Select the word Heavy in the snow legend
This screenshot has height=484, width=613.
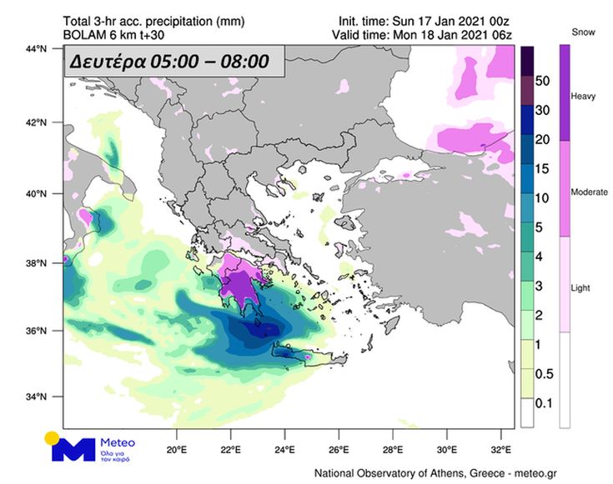(x=582, y=97)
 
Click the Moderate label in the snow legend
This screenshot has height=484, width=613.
(x=589, y=192)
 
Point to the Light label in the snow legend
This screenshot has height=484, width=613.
(x=580, y=288)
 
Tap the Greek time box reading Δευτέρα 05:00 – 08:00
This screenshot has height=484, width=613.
(x=175, y=62)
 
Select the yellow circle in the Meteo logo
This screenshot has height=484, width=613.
(x=52, y=437)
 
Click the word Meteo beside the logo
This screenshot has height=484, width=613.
(x=117, y=442)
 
